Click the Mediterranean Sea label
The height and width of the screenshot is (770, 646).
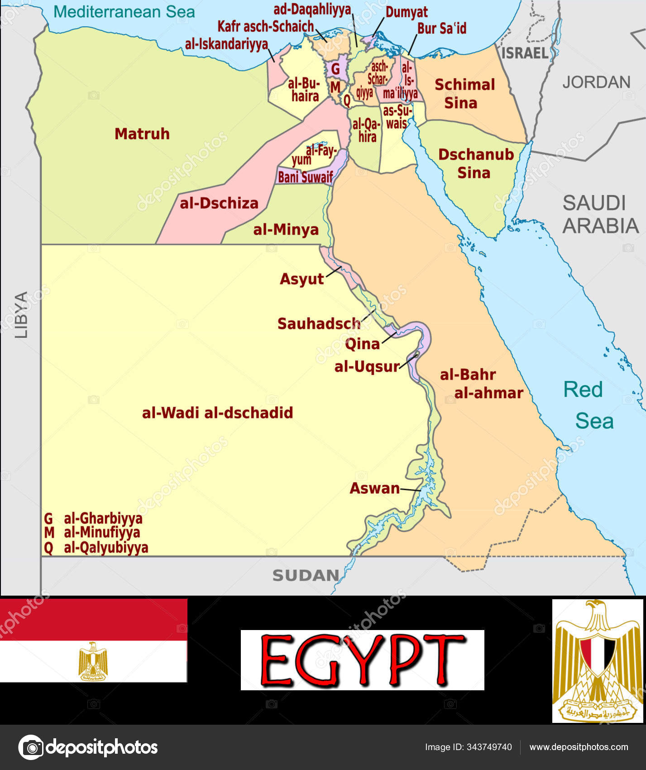point(124,12)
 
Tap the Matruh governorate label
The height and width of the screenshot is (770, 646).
point(142,134)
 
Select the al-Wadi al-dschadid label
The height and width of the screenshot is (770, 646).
point(217,413)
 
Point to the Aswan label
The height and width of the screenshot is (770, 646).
point(375,488)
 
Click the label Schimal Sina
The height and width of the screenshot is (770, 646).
point(464,93)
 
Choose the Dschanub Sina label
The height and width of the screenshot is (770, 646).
point(475,164)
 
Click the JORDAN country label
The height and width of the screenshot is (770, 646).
point(596,82)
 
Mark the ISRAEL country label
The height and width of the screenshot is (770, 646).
point(525,53)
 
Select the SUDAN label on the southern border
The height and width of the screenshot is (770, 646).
point(306,575)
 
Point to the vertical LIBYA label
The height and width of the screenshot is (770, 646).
point(21,314)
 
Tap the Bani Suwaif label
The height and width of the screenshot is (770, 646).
point(305,177)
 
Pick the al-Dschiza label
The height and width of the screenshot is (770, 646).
point(219,203)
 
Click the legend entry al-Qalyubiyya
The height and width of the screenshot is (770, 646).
point(105,548)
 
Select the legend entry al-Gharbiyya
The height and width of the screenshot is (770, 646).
point(103,518)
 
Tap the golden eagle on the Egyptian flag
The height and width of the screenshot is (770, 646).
point(93,661)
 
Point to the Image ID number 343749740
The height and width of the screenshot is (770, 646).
point(489,747)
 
